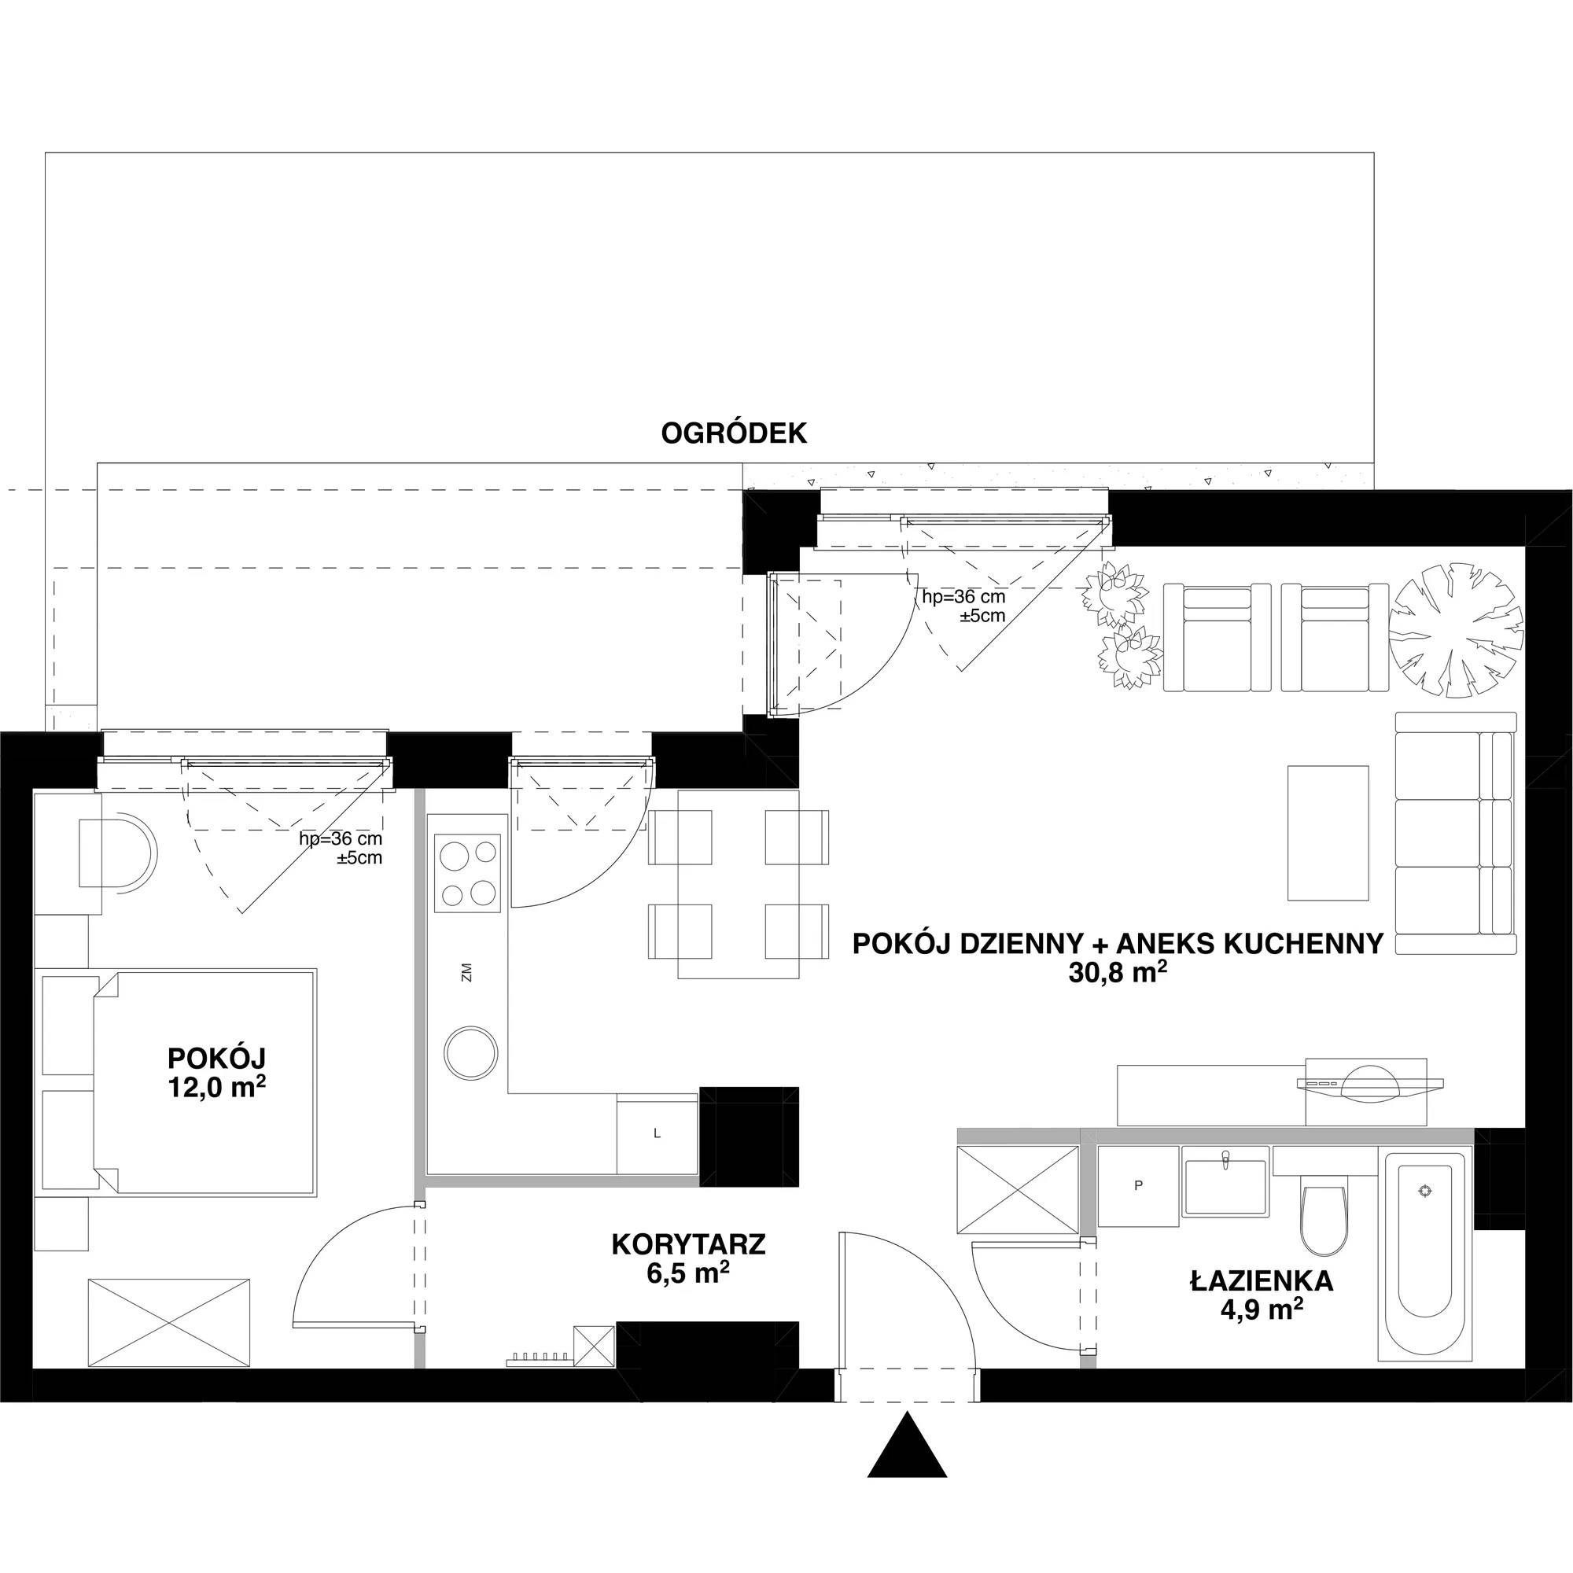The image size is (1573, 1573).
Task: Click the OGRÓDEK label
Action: (734, 433)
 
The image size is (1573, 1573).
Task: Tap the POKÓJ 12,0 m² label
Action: (216, 1072)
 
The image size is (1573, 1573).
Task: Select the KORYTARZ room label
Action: (688, 1245)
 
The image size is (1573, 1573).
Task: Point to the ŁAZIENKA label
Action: (1262, 1281)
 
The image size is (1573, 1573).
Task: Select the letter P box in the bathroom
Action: (1138, 1185)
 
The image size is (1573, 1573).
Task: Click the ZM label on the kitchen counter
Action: (466, 972)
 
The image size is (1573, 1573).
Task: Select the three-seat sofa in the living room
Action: (1457, 833)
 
